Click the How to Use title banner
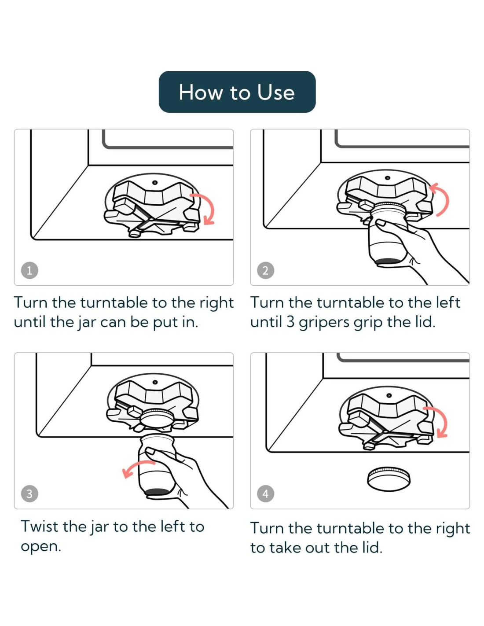(x=237, y=92)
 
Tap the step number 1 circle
(x=29, y=270)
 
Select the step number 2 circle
(x=265, y=270)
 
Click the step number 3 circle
(x=29, y=494)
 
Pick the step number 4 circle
(x=265, y=494)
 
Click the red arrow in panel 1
(x=212, y=206)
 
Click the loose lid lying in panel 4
(x=389, y=479)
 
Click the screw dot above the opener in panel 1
(x=155, y=182)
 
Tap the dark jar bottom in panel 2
(x=388, y=261)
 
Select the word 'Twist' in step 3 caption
(x=40, y=526)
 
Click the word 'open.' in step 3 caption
(x=41, y=546)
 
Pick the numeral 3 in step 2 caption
(x=290, y=322)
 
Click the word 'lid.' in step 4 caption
(x=372, y=547)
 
